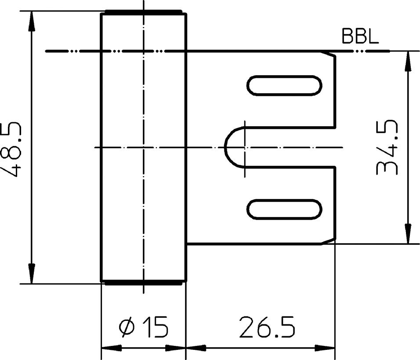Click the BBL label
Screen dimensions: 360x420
(360, 37)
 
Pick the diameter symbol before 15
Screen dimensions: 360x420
(127, 328)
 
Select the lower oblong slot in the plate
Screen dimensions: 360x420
(284, 208)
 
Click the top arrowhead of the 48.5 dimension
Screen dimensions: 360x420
(31, 19)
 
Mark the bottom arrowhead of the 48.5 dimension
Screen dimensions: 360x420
(31, 275)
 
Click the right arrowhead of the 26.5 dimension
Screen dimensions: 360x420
(327, 348)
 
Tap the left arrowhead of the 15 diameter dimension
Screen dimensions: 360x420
(110, 348)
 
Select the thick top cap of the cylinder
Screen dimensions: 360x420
(143, 12)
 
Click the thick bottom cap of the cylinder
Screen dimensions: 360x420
(143, 283)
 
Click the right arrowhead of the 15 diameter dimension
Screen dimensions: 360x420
(177, 348)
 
